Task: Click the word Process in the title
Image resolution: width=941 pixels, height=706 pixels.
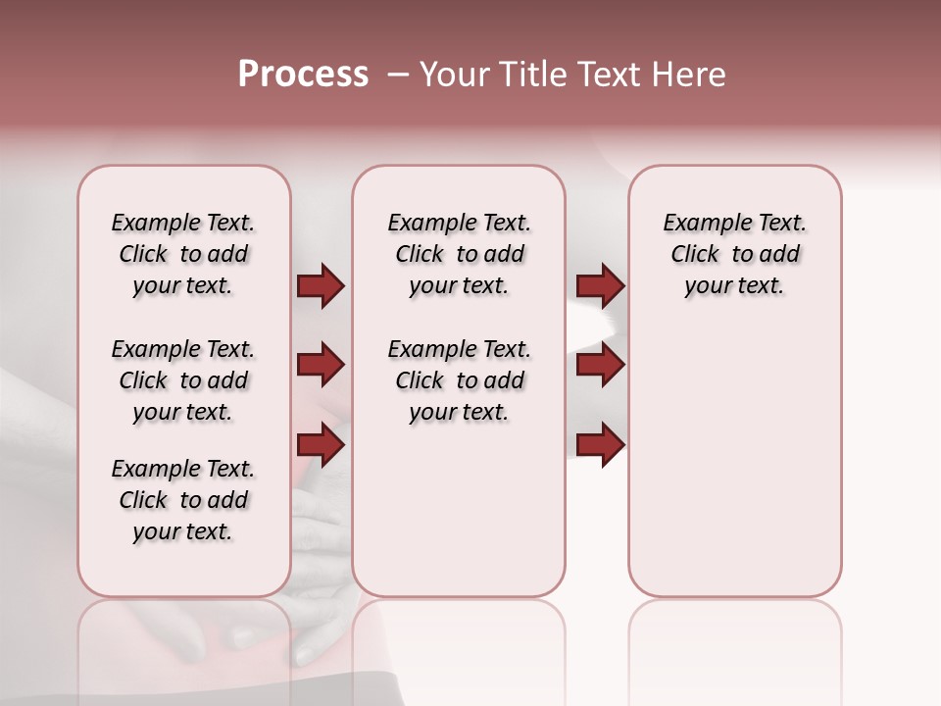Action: (303, 75)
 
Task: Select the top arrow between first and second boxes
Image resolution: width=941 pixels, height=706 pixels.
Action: (321, 286)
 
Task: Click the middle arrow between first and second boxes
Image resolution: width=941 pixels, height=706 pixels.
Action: (321, 366)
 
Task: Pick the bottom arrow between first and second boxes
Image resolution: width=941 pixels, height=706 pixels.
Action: (321, 445)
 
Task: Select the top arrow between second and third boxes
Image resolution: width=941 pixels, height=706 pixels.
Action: (600, 286)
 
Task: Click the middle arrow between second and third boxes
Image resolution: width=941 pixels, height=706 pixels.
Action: (600, 366)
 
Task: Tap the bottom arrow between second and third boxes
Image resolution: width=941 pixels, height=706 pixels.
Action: (600, 445)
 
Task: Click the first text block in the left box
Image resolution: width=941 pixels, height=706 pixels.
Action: (183, 254)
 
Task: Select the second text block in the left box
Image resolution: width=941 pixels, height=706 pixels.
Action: (183, 380)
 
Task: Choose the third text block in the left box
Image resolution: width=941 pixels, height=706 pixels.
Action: (183, 500)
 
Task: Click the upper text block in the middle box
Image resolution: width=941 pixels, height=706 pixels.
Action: (459, 254)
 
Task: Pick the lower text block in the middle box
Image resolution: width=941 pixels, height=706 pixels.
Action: (459, 380)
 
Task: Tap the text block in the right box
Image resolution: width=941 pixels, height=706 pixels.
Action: (734, 254)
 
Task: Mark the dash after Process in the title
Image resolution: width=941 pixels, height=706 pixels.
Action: (398, 75)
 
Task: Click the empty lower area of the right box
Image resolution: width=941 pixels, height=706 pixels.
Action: (734, 461)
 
